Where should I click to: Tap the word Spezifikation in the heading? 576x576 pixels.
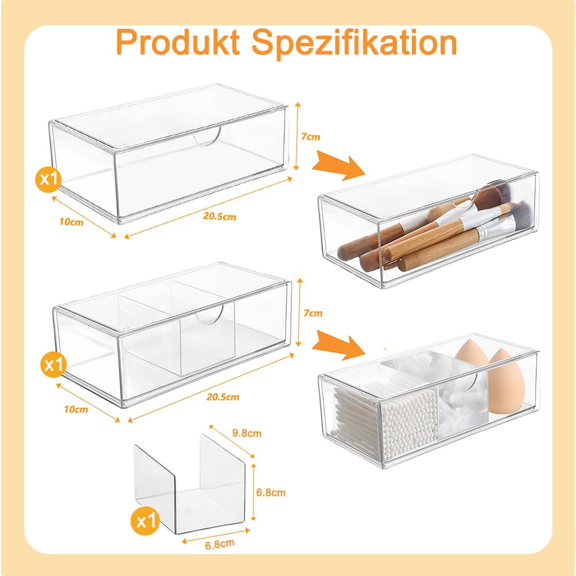pyautogui.click(x=354, y=43)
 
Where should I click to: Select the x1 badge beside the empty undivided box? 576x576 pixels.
pyautogui.click(x=49, y=179)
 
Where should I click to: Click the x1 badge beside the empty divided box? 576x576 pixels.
pyautogui.click(x=54, y=365)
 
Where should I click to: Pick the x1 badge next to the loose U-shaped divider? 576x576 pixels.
pyautogui.click(x=146, y=521)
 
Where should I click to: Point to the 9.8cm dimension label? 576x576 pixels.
pyautogui.click(x=247, y=433)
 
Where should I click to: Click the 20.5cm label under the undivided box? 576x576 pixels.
pyautogui.click(x=219, y=217)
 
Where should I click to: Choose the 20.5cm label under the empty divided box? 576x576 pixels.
pyautogui.click(x=222, y=397)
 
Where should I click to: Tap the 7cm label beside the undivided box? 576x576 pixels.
pyautogui.click(x=310, y=137)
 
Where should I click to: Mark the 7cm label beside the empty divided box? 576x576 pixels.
pyautogui.click(x=313, y=313)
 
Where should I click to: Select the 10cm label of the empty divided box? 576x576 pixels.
pyautogui.click(x=75, y=409)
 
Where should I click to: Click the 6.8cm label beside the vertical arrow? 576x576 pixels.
pyautogui.click(x=271, y=492)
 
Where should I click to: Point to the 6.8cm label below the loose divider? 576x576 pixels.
pyautogui.click(x=219, y=544)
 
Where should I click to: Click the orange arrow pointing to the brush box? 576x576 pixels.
pyautogui.click(x=338, y=165)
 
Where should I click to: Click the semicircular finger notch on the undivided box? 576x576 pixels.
pyautogui.click(x=207, y=137)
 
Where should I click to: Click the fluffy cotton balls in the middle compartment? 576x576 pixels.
pyautogui.click(x=461, y=408)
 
